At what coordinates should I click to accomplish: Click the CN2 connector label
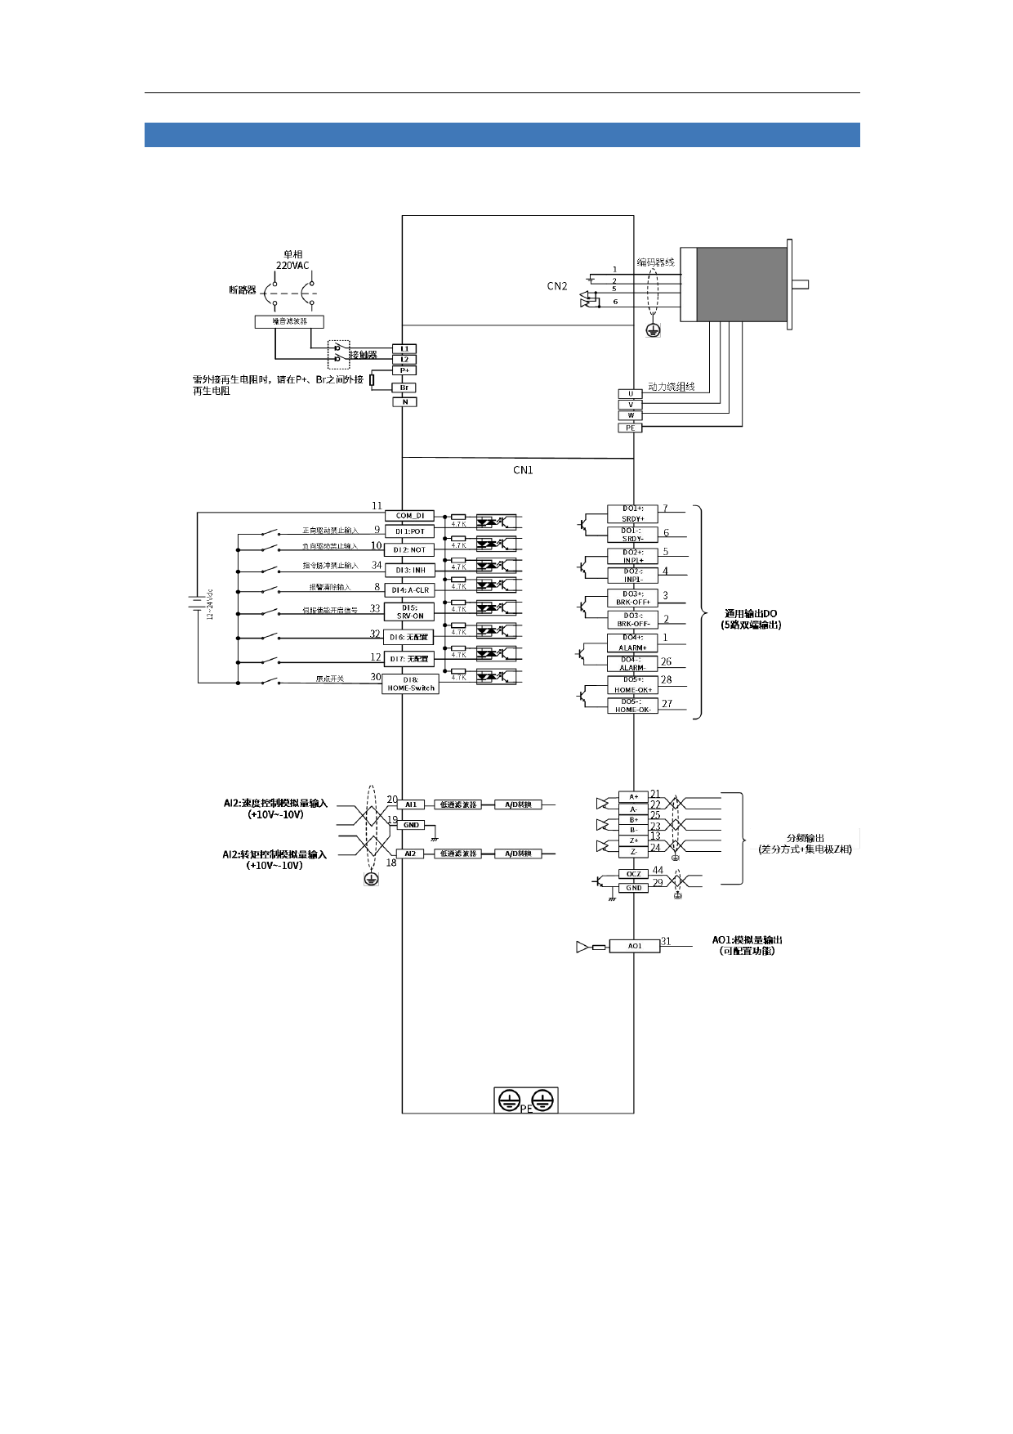pos(557,286)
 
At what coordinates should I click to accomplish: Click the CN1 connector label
pos(523,470)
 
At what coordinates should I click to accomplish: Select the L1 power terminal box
pos(404,349)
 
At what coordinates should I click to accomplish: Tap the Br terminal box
pos(404,388)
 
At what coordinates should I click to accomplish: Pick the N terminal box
pos(404,401)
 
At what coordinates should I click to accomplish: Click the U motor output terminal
pos(630,394)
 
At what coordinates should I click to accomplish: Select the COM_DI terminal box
pos(410,516)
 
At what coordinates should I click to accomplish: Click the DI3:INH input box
pos(410,570)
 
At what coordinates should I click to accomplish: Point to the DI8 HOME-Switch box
pos(410,684)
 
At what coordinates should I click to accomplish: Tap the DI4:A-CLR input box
pos(410,589)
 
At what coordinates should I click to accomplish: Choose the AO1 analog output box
pos(634,946)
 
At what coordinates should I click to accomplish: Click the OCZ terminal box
pos(634,874)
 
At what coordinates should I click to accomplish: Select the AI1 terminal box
pos(411,804)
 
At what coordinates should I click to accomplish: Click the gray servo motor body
pos(741,284)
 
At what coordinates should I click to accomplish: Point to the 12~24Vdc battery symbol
pos(197,603)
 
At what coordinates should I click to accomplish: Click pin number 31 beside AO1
pos(666,941)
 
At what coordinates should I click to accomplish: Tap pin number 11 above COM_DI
pos(377,506)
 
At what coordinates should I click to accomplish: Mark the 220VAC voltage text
pos(292,266)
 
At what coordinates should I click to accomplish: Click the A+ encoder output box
pos(633,796)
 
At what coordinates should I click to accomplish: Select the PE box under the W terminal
pos(630,428)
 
